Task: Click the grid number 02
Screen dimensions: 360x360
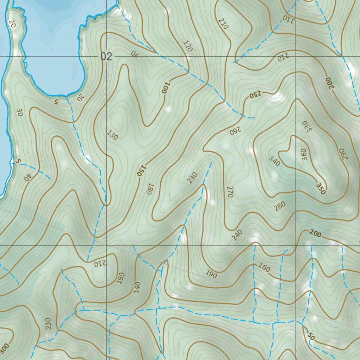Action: pyautogui.click(x=106, y=57)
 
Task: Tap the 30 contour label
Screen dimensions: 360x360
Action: pyautogui.click(x=19, y=112)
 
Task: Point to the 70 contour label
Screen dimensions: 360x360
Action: pyautogui.click(x=134, y=53)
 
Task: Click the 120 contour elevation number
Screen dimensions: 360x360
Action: pyautogui.click(x=188, y=46)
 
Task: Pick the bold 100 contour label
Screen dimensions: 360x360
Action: pyautogui.click(x=165, y=88)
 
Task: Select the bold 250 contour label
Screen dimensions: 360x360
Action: pyautogui.click(x=256, y=95)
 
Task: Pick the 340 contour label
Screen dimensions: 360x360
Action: pyautogui.click(x=275, y=161)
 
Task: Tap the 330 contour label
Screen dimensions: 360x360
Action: pyautogui.click(x=307, y=126)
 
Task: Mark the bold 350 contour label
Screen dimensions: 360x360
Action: pyautogui.click(x=321, y=188)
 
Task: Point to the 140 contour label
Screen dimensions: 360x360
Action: pyautogui.click(x=137, y=287)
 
